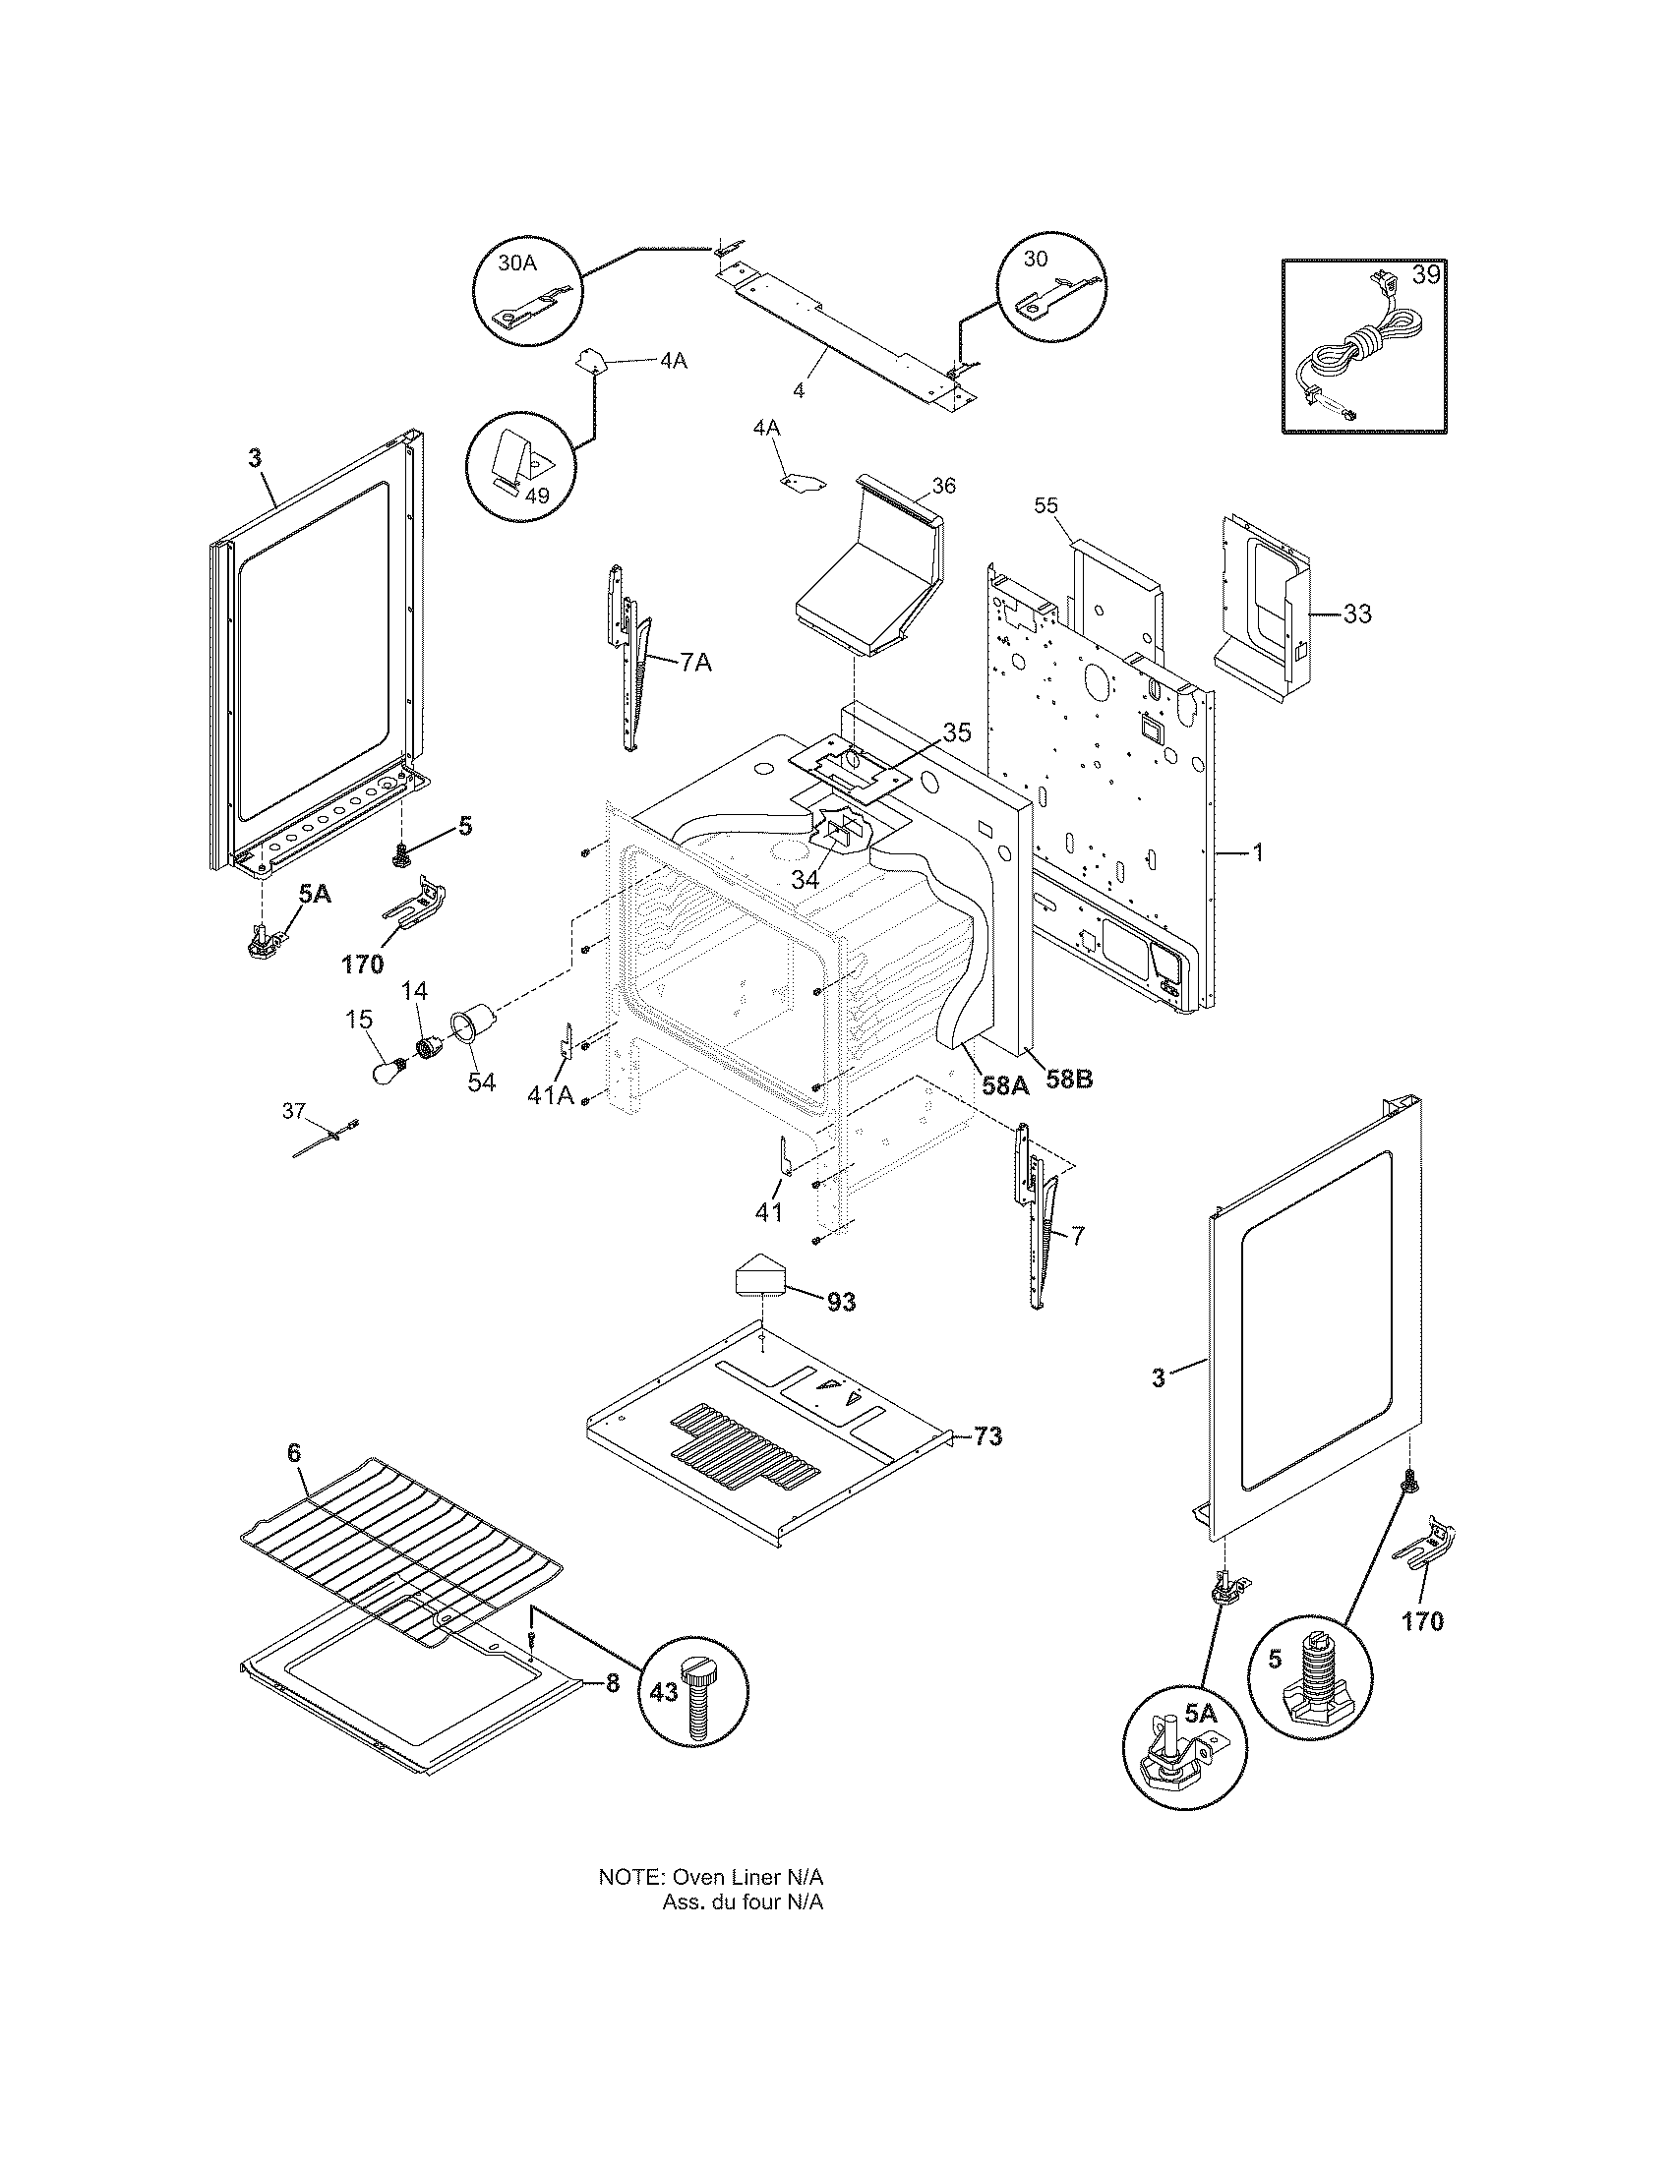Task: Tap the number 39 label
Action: (1425, 275)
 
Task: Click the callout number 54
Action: (481, 1081)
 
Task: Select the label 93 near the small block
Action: (841, 1303)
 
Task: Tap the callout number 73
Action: (987, 1436)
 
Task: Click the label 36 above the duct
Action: (944, 486)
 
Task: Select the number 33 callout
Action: (1357, 614)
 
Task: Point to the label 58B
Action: (1069, 1080)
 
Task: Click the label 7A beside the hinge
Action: (695, 663)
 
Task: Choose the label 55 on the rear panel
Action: (1046, 505)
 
